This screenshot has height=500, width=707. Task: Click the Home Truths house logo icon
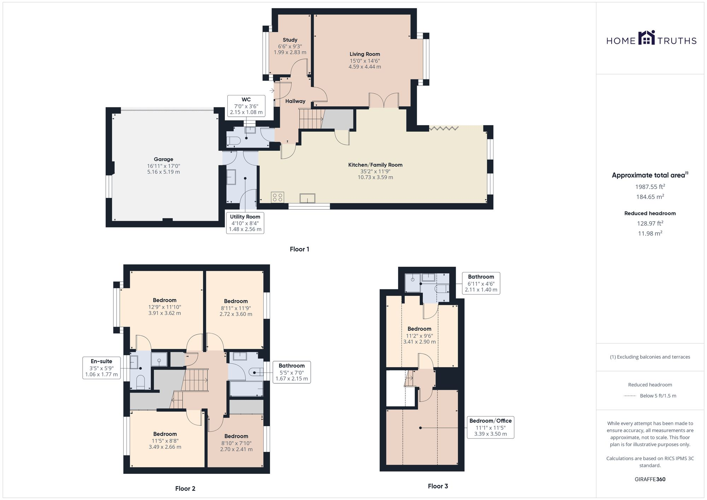tap(647, 38)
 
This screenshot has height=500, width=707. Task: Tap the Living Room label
tap(364, 54)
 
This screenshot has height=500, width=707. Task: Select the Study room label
tap(290, 40)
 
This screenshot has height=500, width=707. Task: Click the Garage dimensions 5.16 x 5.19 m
tap(163, 172)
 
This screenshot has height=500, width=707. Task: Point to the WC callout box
tap(246, 106)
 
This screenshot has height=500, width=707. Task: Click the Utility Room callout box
tap(245, 223)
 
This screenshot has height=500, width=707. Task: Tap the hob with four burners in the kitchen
tap(277, 197)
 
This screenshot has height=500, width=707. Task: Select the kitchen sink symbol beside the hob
tap(307, 198)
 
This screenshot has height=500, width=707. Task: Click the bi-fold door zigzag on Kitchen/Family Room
tap(444, 129)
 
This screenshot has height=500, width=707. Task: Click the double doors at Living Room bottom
tap(384, 100)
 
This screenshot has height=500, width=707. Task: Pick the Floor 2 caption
tap(185, 489)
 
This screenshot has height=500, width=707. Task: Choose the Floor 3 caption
tap(438, 486)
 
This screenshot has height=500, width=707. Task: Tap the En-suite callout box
tap(101, 368)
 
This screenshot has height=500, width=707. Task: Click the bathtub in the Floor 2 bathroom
tap(246, 389)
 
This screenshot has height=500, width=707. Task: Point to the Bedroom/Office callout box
tap(490, 427)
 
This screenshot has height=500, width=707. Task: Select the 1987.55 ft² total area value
tap(650, 187)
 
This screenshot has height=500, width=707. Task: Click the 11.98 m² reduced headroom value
tap(650, 234)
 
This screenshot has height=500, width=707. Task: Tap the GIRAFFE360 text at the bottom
tap(650, 480)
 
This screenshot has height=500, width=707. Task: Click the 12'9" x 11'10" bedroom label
tap(164, 307)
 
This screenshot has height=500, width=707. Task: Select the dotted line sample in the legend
tap(630, 396)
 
